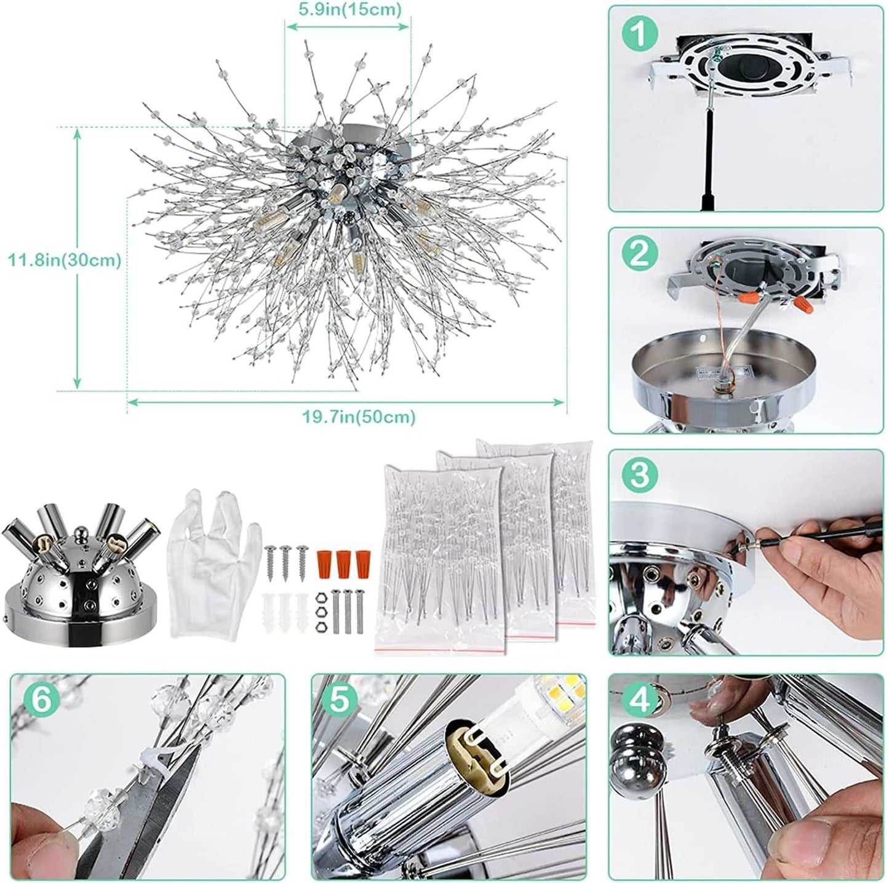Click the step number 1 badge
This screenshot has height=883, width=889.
coord(639,35)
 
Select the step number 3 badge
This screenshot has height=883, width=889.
coord(640,475)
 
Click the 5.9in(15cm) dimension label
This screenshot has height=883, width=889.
coord(348,9)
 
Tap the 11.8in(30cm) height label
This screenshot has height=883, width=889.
coord(64,260)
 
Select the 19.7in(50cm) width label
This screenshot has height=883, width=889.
coord(359,417)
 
